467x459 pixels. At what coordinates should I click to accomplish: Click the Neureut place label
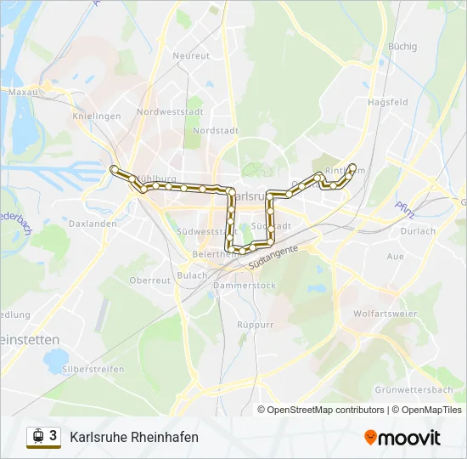pos(191,55)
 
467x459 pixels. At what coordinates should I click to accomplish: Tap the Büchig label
pos(402,46)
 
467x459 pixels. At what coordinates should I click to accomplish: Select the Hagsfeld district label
pos(388,102)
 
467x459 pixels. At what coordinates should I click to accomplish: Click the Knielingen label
pos(98,116)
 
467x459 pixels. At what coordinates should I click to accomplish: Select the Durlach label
pos(418,230)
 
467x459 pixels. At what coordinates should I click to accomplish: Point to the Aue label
pos(395,255)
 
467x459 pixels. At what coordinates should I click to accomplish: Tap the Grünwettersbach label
pos(414,389)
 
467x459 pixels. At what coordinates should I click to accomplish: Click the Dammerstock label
pos(245,286)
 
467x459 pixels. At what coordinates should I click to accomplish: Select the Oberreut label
pos(150,280)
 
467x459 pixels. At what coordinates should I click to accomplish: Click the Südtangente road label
pos(275,256)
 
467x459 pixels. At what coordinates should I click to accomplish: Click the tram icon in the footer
pos(37,436)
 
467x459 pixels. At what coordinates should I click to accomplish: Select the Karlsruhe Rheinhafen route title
pos(134,437)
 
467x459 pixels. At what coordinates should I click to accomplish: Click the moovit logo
pos(402,437)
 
